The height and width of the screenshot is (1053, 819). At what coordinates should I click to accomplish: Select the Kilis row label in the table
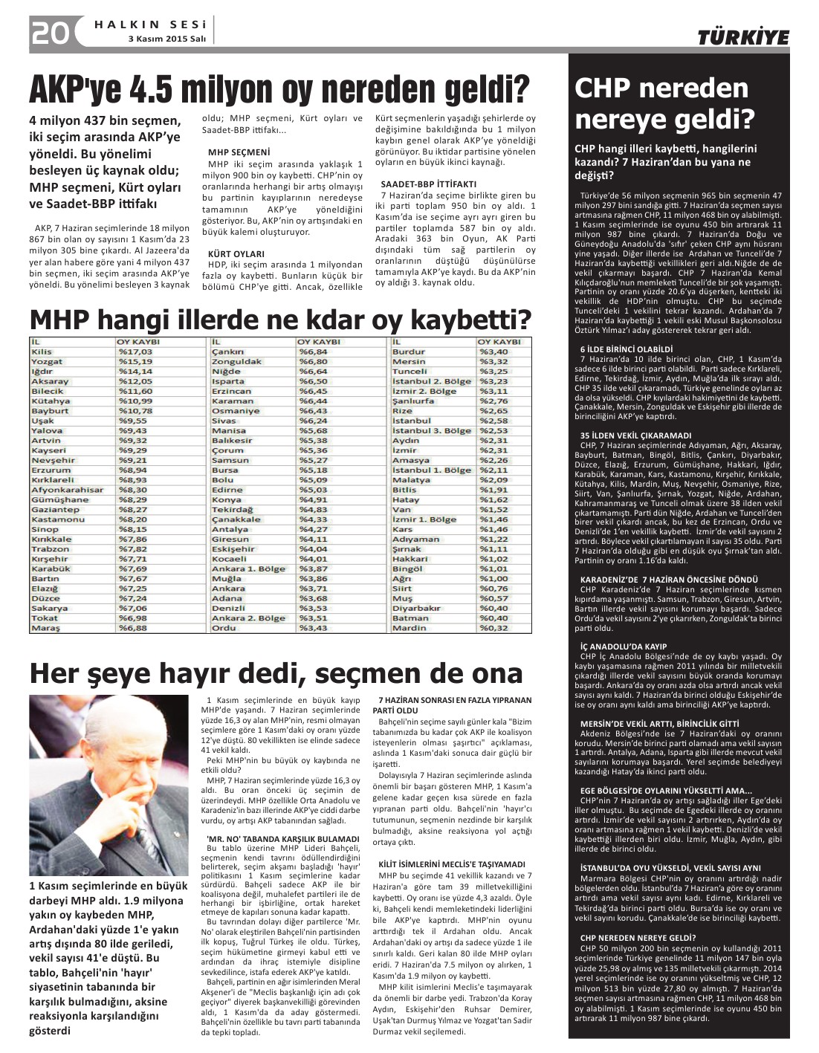(x=42, y=351)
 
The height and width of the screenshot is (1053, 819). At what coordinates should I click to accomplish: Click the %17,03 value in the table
(x=135, y=351)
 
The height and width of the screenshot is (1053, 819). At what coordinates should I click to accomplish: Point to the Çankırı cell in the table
(x=227, y=351)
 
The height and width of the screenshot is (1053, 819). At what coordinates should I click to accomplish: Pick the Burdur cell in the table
(x=408, y=351)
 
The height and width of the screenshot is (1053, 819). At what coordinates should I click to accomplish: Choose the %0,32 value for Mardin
(x=493, y=628)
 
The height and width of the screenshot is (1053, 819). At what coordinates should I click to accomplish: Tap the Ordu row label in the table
(x=224, y=628)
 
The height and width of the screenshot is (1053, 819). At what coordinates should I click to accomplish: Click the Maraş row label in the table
(x=45, y=628)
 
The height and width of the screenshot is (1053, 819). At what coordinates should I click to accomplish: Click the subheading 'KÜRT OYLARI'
(x=236, y=253)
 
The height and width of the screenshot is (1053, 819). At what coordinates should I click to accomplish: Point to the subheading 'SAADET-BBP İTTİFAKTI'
(x=427, y=184)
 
